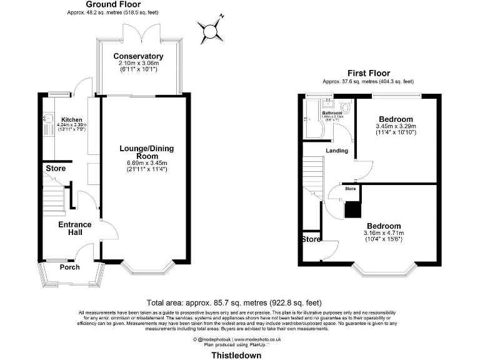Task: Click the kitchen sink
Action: tap(47, 117)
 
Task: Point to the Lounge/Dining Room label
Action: tap(147, 152)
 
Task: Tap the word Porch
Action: tap(69, 267)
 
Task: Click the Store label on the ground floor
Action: tap(55, 168)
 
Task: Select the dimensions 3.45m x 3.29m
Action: tap(396, 126)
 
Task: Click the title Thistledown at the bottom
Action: tap(236, 354)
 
